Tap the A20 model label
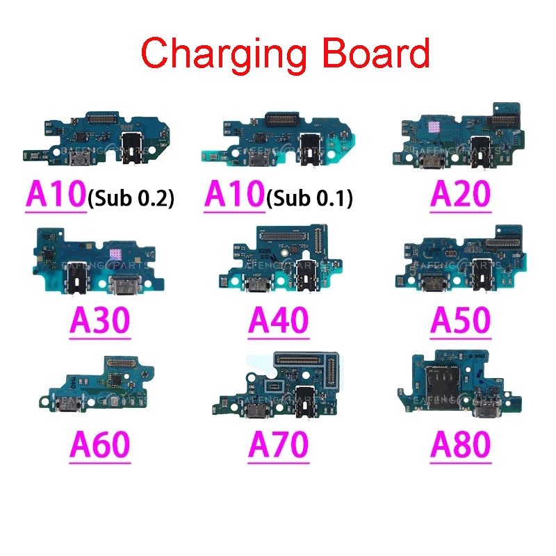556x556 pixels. click(x=460, y=193)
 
